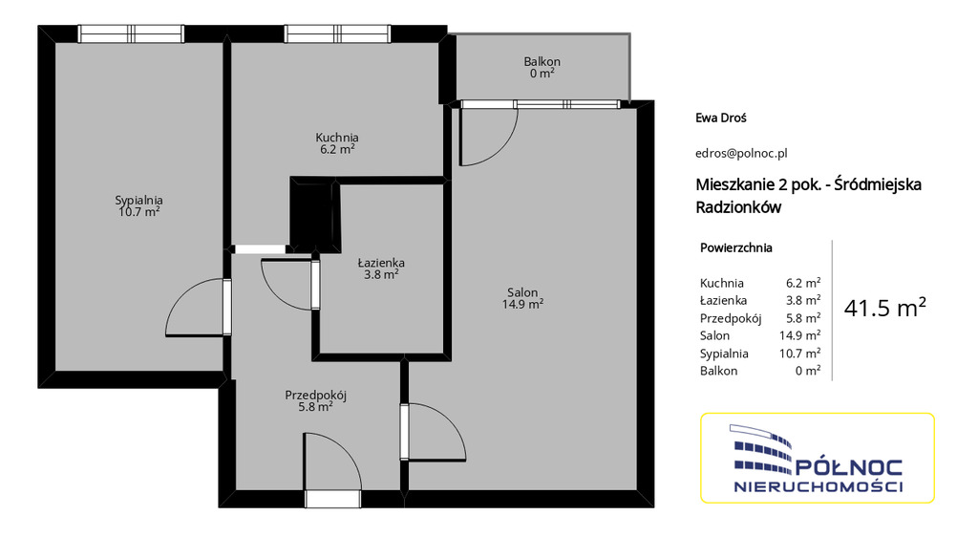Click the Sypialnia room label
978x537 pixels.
pyautogui.click(x=138, y=201)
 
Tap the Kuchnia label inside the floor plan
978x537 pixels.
pyautogui.click(x=337, y=138)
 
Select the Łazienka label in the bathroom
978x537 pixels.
pyautogui.click(x=381, y=263)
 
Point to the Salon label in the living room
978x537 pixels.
pyautogui.click(x=522, y=292)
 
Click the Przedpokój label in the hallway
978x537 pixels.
pyautogui.click(x=315, y=395)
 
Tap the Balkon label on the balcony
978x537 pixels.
pyautogui.click(x=542, y=62)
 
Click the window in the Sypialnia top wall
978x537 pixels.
pyautogui.click(x=131, y=33)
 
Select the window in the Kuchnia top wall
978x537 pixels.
pyautogui.click(x=337, y=33)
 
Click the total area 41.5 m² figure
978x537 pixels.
pyautogui.click(x=885, y=308)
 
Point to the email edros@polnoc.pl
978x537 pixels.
pyautogui.click(x=741, y=153)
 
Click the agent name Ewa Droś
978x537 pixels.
pyautogui.click(x=721, y=118)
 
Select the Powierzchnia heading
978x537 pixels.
pyautogui.click(x=736, y=247)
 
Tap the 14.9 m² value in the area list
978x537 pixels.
pyautogui.click(x=799, y=335)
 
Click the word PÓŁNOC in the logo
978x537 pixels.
pyautogui.click(x=849, y=467)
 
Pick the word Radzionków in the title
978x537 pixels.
pyautogui.click(x=738, y=207)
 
